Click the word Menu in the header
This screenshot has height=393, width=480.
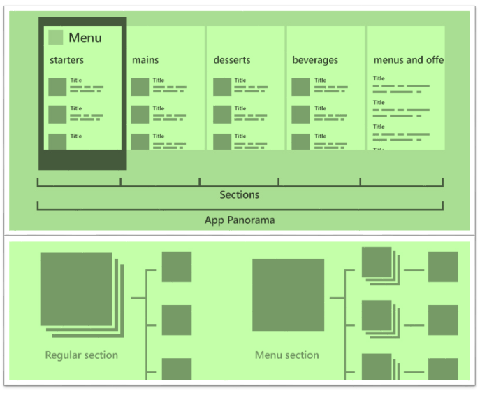point(85,38)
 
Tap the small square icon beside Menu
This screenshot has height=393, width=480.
point(56,38)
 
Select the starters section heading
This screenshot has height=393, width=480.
point(66,60)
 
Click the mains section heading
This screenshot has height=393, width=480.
point(145,60)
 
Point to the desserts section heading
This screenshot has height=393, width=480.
point(232,60)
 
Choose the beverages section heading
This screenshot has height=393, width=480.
point(315,60)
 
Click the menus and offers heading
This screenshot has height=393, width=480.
point(408,60)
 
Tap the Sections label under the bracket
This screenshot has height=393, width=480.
point(240,195)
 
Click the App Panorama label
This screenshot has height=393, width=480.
point(240,220)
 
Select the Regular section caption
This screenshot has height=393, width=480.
point(82,355)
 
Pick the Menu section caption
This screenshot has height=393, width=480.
point(287,355)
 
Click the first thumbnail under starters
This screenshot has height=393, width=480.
point(58,87)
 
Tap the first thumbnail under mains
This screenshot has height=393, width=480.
point(140,87)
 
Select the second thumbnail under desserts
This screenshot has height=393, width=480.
point(222,114)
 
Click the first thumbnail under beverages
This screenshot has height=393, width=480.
point(300,87)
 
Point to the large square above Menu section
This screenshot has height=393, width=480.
point(288,294)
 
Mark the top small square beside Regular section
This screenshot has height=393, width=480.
point(177,266)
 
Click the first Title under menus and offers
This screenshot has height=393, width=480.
point(379,78)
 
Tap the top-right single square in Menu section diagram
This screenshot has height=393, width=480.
point(443,266)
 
